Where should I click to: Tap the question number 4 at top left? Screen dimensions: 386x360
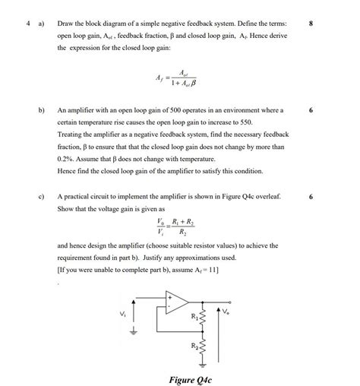click(27, 24)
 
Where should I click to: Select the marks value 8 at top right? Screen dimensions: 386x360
click(311, 24)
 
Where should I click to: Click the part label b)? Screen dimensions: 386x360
click(42, 110)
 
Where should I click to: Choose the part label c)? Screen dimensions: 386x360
click(42, 196)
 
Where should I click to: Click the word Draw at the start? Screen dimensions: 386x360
click(67, 24)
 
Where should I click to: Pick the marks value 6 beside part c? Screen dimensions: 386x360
click(311, 196)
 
